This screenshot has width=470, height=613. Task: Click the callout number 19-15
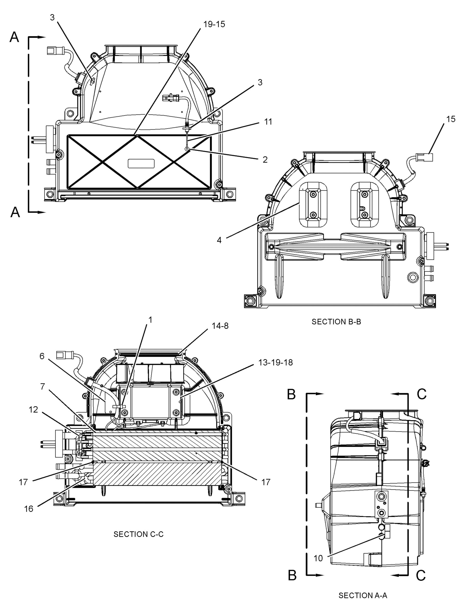tap(214, 25)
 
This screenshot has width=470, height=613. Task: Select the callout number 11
tap(268, 122)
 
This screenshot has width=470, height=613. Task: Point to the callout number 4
tap(219, 240)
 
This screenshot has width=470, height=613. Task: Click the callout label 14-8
tap(220, 326)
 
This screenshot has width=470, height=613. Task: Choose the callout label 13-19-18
tap(276, 362)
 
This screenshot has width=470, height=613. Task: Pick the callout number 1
tap(150, 320)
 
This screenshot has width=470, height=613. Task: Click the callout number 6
tap(42, 356)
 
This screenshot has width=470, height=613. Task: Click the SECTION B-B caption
tap(336, 322)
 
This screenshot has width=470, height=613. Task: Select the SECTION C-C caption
tap(139, 534)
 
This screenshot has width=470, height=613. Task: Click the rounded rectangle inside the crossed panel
tap(141, 163)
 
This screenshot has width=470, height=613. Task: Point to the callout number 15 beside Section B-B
tap(451, 119)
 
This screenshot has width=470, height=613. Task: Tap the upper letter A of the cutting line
tap(14, 37)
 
